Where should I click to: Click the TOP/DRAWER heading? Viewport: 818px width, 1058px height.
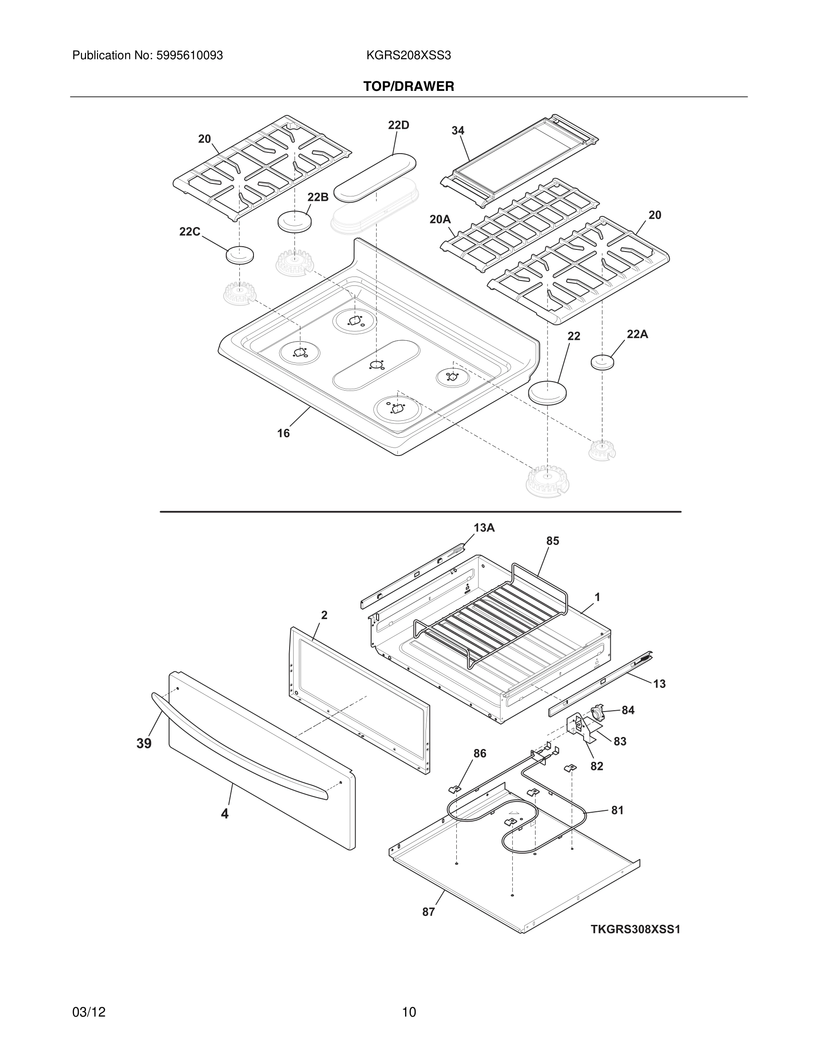(409, 86)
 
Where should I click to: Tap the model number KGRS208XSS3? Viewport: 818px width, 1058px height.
(409, 56)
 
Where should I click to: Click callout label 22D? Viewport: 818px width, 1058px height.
(398, 126)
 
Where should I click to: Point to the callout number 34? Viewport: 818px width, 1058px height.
(458, 130)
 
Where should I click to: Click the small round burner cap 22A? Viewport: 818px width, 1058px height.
(602, 362)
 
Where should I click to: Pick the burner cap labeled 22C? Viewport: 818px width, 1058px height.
(239, 255)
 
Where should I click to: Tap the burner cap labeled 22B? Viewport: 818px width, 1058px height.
(294, 221)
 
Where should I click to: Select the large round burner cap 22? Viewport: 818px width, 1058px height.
(547, 392)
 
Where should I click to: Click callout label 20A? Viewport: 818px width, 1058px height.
(440, 220)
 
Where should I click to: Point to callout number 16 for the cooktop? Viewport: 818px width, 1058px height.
(283, 433)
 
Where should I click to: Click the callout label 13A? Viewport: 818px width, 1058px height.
(484, 528)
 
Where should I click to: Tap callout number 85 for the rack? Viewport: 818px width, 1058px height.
(552, 541)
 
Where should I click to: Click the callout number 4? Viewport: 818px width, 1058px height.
(225, 814)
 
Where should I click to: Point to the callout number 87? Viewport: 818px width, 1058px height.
(429, 912)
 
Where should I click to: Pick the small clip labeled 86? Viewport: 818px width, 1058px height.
(454, 789)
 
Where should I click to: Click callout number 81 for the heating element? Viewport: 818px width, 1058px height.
(617, 810)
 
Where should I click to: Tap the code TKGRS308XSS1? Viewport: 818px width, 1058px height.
(635, 929)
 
